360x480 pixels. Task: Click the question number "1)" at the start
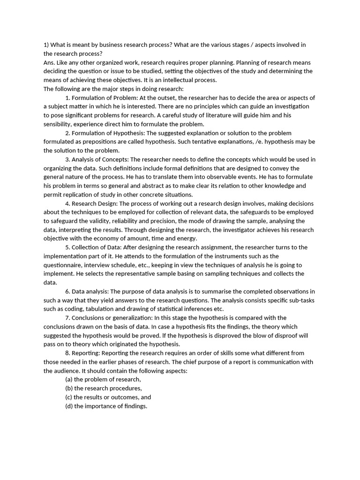coord(46,45)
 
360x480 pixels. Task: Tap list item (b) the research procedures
coord(103,389)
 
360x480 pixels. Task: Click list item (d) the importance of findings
coord(106,406)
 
